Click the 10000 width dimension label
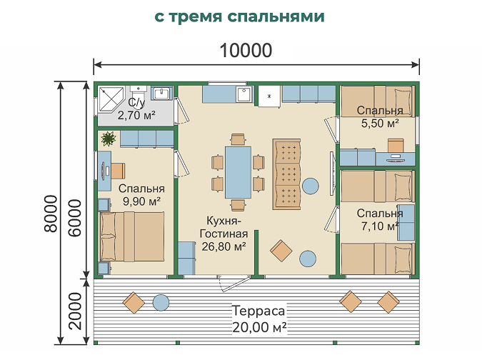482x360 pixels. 246,51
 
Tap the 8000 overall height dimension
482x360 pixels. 51,214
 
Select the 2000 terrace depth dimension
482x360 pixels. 75,311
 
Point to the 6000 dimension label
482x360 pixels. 75,218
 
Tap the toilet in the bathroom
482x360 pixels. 138,92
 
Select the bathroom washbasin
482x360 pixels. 162,93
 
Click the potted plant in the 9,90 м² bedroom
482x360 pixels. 109,139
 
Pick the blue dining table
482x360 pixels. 238,172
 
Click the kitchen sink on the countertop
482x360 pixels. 244,94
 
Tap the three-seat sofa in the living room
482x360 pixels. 286,174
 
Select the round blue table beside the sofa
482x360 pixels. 311,186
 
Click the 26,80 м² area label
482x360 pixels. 224,246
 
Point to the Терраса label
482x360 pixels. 258,311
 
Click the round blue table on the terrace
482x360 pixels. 161,303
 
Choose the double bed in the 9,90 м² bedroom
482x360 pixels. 131,236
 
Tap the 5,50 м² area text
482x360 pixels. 380,124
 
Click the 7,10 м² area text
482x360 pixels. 380,226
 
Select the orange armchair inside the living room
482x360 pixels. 281,251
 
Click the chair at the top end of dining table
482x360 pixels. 238,139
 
